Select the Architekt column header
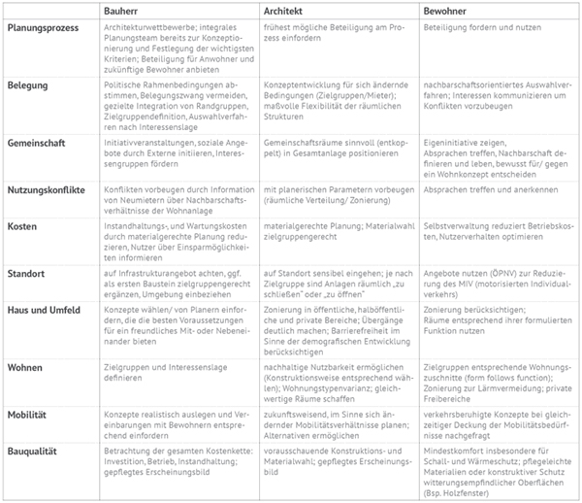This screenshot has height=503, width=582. [x=284, y=9]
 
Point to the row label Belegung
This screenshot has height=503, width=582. [x=29, y=84]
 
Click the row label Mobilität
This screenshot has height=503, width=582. [x=29, y=414]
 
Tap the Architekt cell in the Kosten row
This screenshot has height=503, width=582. [x=330, y=229]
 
